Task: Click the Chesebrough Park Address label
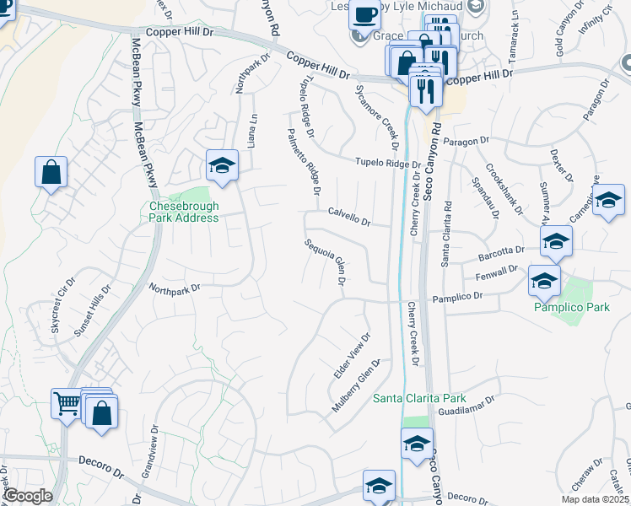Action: pyautogui.click(x=184, y=212)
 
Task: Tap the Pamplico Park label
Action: pyautogui.click(x=571, y=307)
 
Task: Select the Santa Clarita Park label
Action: pyautogui.click(x=419, y=398)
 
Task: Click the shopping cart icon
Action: pyautogui.click(x=67, y=403)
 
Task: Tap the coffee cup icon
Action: pyautogui.click(x=364, y=15)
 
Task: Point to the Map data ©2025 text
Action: pyautogui.click(x=596, y=499)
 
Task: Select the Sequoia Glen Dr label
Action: pyautogui.click(x=326, y=261)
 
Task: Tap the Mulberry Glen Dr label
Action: pyautogui.click(x=356, y=385)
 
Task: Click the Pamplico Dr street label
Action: pyautogui.click(x=457, y=297)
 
